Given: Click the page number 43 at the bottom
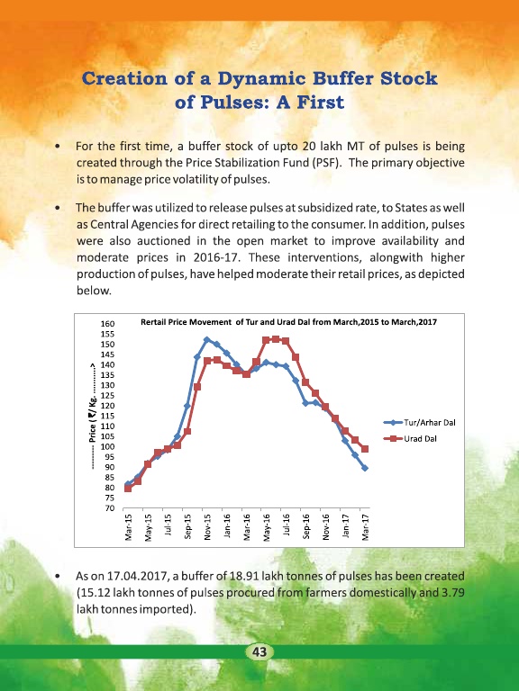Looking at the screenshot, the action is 259,651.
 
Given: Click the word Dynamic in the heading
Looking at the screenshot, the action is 261,79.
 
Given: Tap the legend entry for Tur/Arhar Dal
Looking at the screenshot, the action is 420,422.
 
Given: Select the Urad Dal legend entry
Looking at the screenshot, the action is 410,438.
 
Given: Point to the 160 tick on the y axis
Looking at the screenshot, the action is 108,324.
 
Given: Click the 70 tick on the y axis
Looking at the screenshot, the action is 109,508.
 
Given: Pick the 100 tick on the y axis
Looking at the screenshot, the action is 108,446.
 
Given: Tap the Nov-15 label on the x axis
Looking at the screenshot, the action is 207,526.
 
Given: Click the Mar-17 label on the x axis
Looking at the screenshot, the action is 365,526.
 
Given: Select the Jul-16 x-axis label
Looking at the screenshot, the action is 287,525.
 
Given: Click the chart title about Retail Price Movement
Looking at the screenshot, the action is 288,322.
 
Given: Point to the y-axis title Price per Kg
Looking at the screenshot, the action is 93,417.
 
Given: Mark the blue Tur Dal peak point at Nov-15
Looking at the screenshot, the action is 207,339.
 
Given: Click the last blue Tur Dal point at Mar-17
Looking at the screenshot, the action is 365,468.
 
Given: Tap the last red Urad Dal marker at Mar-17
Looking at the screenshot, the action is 365,449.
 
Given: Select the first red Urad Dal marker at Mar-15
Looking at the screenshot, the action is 128,489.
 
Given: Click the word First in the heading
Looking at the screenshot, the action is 321,103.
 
